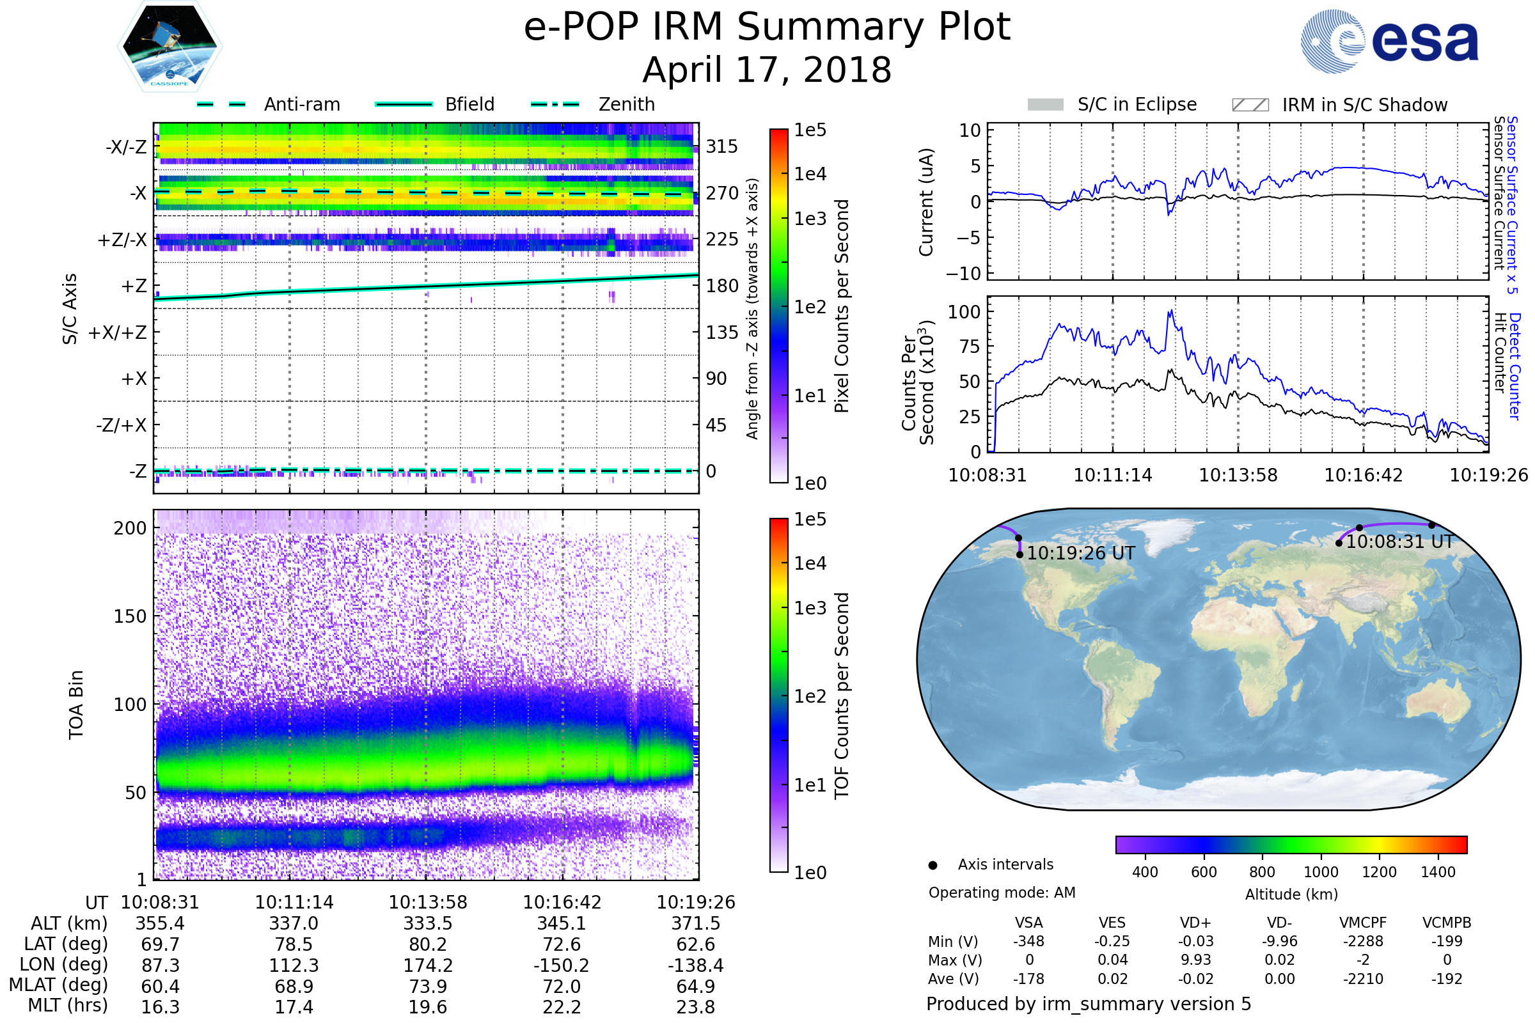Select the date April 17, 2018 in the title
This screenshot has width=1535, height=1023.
pos(767,70)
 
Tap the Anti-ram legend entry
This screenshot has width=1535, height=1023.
pos(301,104)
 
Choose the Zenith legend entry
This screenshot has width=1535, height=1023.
pos(626,104)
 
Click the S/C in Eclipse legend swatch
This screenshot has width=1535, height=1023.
pos(1045,105)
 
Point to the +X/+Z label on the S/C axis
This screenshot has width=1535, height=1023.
pos(118,332)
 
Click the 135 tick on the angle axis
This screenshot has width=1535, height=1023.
pos(722,332)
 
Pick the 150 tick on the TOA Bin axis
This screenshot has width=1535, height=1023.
pos(130,616)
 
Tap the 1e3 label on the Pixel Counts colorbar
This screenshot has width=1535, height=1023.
pos(810,219)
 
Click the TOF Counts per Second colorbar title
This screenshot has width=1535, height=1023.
pos(842,696)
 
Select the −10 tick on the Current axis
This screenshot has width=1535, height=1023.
pos(963,274)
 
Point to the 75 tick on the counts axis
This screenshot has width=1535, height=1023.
pos(970,347)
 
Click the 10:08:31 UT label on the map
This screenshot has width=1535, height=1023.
pos(1399,542)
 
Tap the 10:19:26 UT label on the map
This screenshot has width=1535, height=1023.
pos(1081,554)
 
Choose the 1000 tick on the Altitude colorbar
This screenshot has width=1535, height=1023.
pos(1320,872)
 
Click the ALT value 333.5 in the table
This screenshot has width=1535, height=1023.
pos(427,924)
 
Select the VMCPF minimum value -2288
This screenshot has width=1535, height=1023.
pos(1363,941)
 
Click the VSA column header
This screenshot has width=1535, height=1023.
pos(1028,923)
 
